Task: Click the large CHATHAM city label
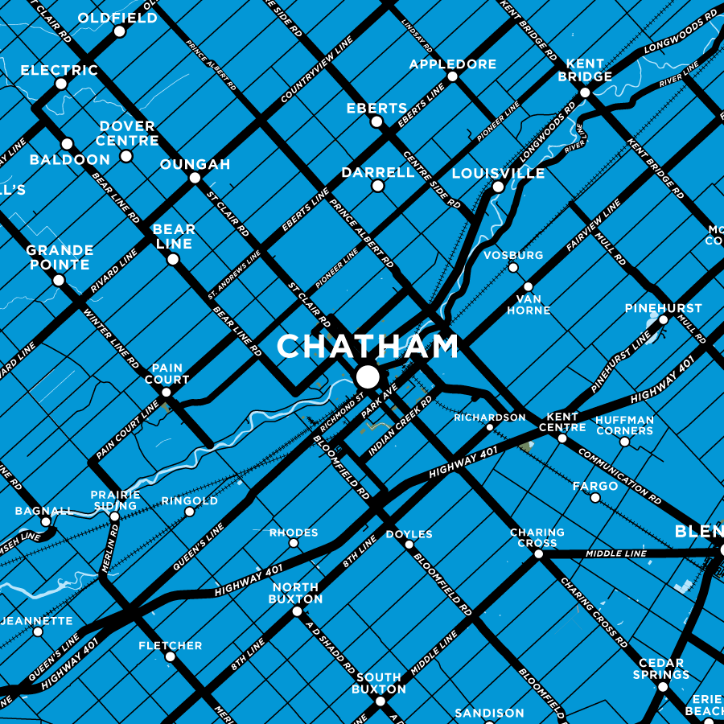click(x=368, y=347)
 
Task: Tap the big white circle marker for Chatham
click(x=368, y=376)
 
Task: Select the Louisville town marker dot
click(x=498, y=187)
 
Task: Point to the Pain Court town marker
click(x=166, y=393)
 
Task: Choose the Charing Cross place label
click(x=537, y=537)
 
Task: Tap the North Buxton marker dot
click(x=297, y=611)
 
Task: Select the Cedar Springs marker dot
click(x=663, y=686)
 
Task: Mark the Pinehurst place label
click(x=663, y=308)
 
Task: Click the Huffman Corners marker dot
click(x=624, y=442)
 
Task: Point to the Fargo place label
click(x=595, y=486)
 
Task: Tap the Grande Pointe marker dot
click(x=58, y=281)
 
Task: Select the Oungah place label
click(x=195, y=164)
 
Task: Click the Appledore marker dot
click(x=452, y=77)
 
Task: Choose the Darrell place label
click(x=377, y=172)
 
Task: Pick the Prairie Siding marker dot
click(x=113, y=516)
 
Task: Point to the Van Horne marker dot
click(x=529, y=286)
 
